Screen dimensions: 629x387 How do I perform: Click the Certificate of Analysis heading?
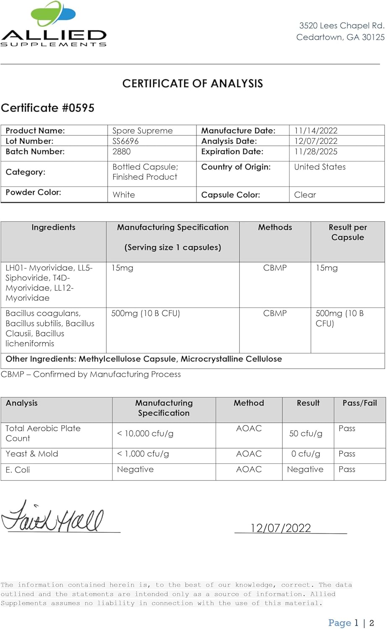click(193, 83)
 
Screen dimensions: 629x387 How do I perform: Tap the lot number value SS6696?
click(126, 141)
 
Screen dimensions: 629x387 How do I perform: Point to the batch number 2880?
click(121, 152)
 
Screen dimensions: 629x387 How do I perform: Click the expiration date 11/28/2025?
click(316, 152)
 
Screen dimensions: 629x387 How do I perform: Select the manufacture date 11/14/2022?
click(316, 131)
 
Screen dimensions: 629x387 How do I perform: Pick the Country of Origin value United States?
click(320, 167)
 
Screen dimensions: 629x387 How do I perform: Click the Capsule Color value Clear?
click(305, 195)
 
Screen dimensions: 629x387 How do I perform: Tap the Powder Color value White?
click(124, 195)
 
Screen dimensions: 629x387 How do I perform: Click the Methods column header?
click(275, 227)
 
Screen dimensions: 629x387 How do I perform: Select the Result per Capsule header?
click(348, 232)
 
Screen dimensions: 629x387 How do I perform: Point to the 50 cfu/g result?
click(306, 434)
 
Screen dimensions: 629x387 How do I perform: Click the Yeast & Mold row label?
click(32, 454)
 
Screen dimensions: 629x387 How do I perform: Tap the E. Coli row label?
click(18, 470)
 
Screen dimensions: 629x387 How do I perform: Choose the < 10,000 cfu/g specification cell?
click(145, 434)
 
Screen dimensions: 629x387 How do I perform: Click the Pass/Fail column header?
click(359, 403)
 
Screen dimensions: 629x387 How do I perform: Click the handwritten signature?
click(52, 517)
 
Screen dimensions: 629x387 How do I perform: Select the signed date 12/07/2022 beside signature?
click(280, 528)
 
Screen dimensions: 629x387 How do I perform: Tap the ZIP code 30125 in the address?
click(373, 37)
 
